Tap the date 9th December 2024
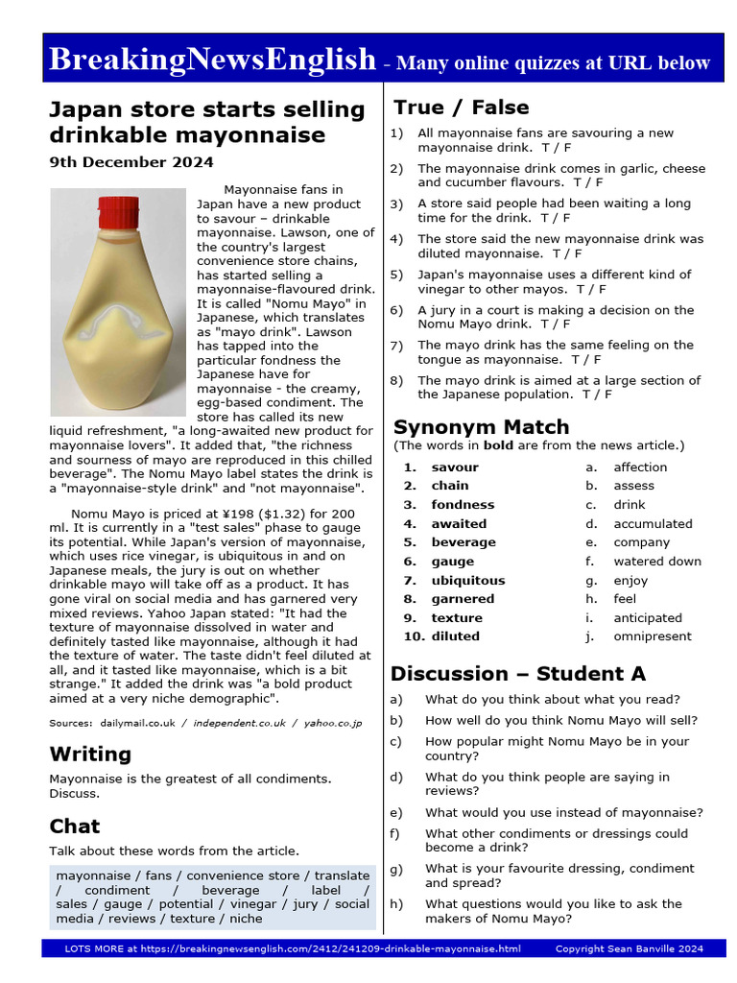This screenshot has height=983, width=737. (x=131, y=162)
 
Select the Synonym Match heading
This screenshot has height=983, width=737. (x=481, y=426)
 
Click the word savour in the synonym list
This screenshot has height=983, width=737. (x=454, y=468)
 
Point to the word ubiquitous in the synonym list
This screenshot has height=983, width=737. (x=467, y=580)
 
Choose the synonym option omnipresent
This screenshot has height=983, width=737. (x=653, y=636)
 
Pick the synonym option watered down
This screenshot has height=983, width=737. (x=657, y=562)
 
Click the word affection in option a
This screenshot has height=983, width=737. (x=640, y=468)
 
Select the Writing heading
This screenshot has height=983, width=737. (x=90, y=754)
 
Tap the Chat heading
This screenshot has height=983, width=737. (x=75, y=826)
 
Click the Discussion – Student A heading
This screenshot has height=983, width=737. (x=517, y=673)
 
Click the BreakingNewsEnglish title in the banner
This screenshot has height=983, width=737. (x=212, y=60)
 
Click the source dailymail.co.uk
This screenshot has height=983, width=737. (x=136, y=722)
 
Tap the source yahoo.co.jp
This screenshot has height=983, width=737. (x=333, y=722)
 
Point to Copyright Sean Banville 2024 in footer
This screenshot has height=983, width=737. (x=629, y=948)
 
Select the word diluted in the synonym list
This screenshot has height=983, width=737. (x=455, y=636)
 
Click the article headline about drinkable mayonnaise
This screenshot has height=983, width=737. (x=206, y=122)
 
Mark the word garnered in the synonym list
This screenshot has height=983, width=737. (x=463, y=599)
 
